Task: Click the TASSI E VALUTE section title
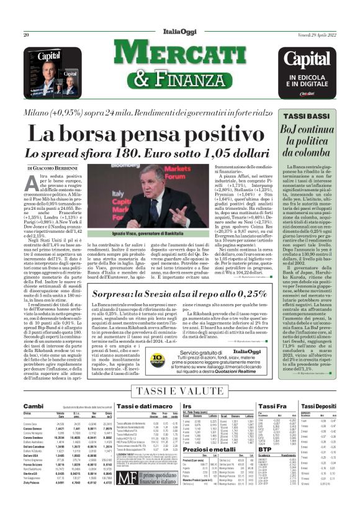point(180,390)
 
